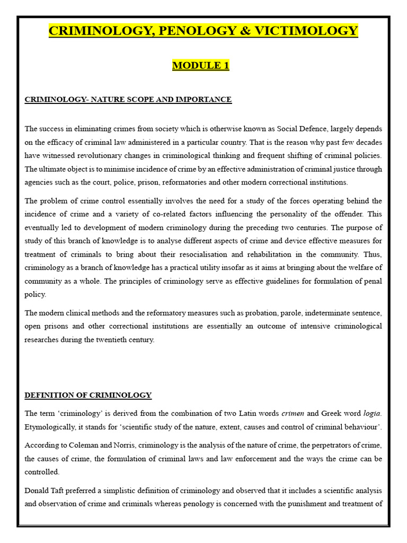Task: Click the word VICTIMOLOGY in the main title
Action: tap(312, 31)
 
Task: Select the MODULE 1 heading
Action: tap(201, 66)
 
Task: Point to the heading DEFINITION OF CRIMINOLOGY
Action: tap(88, 395)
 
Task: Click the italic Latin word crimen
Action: tap(293, 413)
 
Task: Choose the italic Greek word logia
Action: tap(372, 413)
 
